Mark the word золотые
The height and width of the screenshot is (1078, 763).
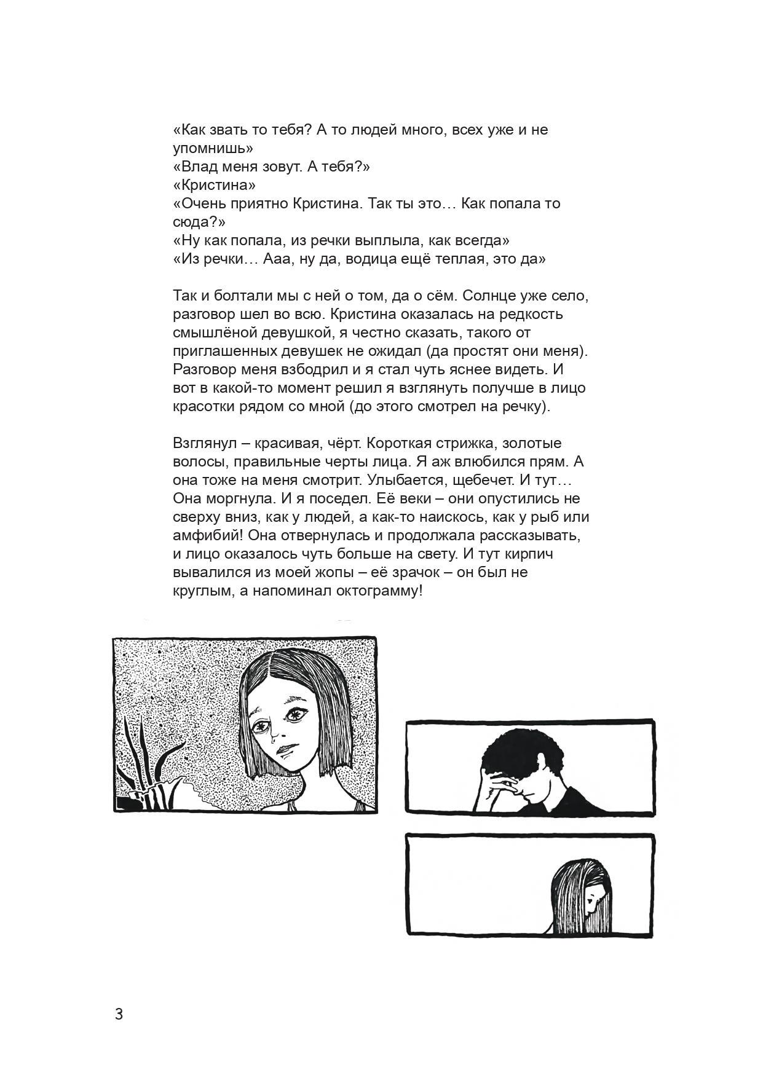530,443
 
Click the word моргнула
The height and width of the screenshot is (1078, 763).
242,498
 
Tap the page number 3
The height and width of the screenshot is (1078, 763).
119,1013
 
